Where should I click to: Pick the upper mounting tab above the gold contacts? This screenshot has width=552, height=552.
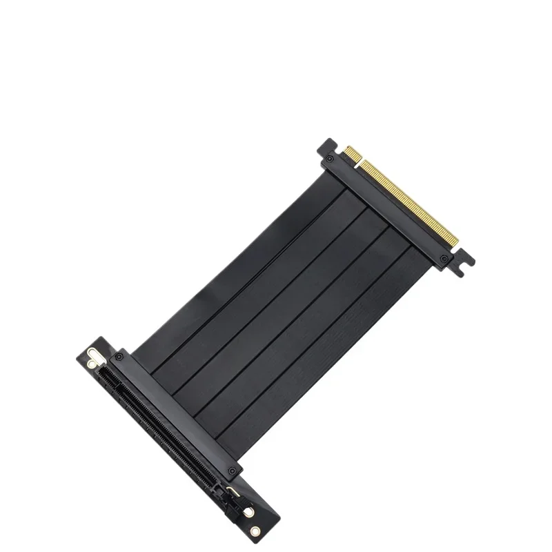click(x=326, y=146)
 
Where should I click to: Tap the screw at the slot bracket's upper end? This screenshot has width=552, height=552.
click(x=119, y=357)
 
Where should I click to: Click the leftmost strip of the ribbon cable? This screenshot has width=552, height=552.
click(x=228, y=276)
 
